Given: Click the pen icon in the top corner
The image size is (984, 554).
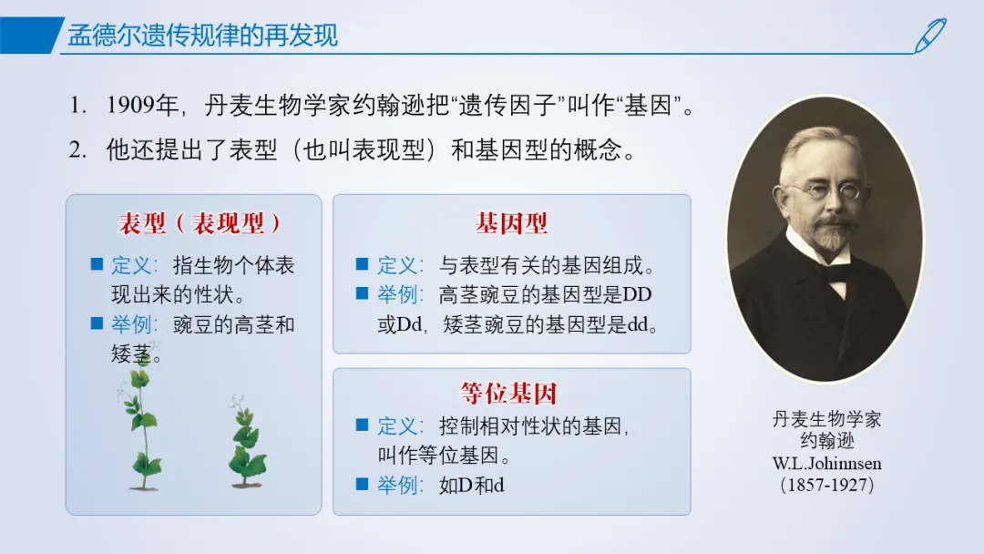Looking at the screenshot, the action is coord(930,36).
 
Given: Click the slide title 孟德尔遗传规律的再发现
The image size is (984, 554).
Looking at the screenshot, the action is coord(202,36).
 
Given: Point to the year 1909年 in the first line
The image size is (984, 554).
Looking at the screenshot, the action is coord(142,105).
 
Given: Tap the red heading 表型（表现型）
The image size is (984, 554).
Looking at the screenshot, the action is coord(200,223).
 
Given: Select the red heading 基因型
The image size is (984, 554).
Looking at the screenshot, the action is coord(511,223).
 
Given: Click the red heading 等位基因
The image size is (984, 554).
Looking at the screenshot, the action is coord(509,394).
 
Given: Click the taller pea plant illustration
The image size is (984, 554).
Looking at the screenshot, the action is coord(142,417).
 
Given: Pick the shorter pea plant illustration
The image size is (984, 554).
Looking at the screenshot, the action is coord(247,441).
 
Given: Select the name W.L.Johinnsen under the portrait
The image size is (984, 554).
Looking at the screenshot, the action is coord(826,464).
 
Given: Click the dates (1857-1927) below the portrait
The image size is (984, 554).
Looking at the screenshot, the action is coord(826,485).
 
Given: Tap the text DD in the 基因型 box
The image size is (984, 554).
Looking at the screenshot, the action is coord(637,294).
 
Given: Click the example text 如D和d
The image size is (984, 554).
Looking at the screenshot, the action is coord(471,485).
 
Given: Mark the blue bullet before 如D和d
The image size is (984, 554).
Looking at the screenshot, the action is coord(362,484).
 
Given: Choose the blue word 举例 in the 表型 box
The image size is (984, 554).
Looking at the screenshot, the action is coord(132,324).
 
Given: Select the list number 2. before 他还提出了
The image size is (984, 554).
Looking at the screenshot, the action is coord(77,150).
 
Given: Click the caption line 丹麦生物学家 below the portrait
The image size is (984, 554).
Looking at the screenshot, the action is coord(826,419).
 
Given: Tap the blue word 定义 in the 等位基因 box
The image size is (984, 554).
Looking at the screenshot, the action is coord(397,426).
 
